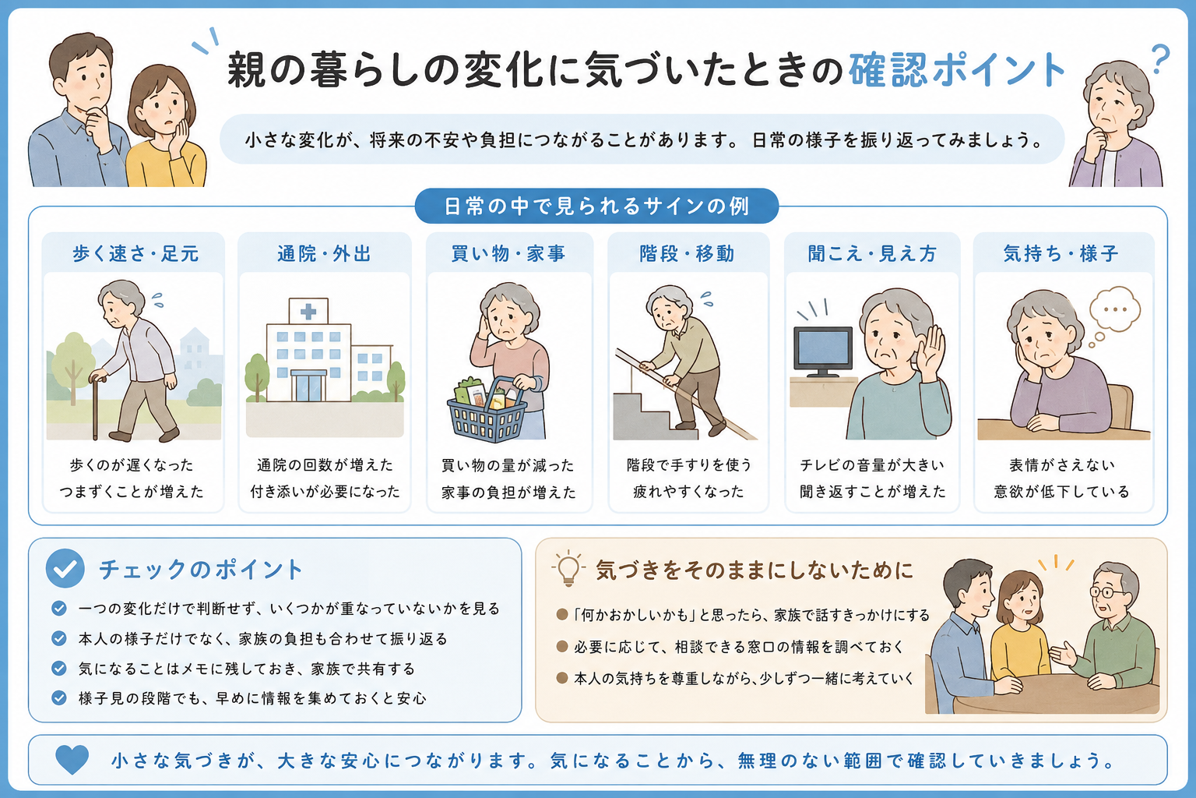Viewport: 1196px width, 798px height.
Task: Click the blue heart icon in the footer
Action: coord(72,759)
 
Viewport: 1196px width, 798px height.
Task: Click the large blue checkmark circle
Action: coord(65,568)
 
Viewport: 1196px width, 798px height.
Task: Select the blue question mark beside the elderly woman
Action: coord(1159,58)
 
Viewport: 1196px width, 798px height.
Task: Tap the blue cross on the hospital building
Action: coord(308,311)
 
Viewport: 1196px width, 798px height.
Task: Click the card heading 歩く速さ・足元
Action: coord(135,253)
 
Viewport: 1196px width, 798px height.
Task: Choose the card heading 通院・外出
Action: coord(324,253)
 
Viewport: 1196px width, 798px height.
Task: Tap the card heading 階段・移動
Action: coord(688,253)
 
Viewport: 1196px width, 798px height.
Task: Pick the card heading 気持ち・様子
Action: coord(1061,253)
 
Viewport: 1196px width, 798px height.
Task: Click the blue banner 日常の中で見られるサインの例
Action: coord(596,206)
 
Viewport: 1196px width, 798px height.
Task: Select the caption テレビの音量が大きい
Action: coord(872,465)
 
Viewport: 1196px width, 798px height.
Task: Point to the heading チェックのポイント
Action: coord(202,569)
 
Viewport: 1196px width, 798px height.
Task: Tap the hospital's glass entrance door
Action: coord(309,386)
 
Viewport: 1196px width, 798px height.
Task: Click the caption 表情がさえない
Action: coord(1062,465)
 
